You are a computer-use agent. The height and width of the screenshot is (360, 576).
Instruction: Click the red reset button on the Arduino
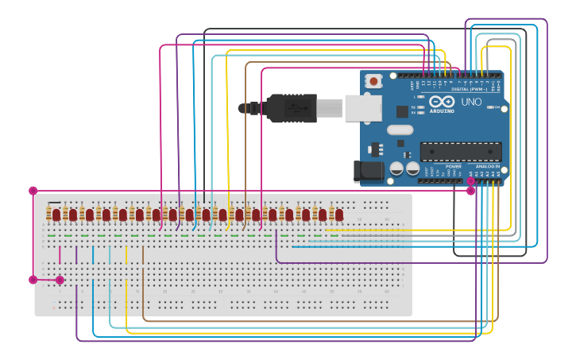[x=373, y=80]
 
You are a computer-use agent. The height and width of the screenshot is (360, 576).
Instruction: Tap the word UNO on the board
[x=471, y=102]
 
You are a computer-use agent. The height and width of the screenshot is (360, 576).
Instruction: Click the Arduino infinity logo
[x=441, y=102]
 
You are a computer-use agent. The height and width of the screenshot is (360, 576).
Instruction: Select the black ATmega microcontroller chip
[x=461, y=151]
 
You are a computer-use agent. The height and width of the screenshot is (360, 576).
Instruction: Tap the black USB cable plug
[x=291, y=108]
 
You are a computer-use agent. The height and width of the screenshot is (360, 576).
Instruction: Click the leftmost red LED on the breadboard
[x=72, y=215]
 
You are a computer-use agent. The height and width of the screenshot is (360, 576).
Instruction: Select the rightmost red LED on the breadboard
[x=339, y=215]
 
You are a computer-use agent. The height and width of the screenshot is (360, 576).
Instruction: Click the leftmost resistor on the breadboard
[x=55, y=215]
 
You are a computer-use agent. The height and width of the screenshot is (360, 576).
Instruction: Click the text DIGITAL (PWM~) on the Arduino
[x=469, y=89]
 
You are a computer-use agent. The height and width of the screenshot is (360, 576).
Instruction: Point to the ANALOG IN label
[x=487, y=166]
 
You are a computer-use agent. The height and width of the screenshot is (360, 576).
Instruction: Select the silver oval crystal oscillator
[x=400, y=130]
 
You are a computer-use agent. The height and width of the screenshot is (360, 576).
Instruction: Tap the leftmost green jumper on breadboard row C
[x=52, y=235]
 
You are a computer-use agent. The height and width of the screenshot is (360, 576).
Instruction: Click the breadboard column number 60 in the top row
[x=387, y=219]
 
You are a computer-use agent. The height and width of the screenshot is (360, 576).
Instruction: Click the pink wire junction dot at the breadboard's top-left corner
[x=33, y=191]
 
